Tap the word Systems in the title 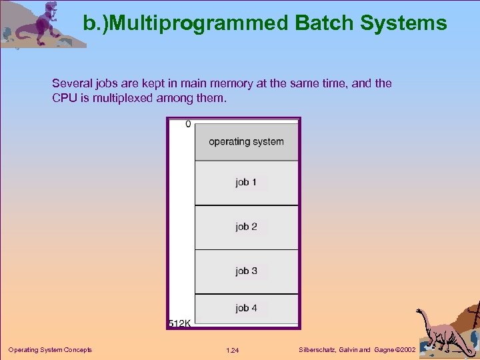click(403, 24)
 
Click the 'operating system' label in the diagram click(246, 141)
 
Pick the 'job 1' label click(246, 182)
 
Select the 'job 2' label click(246, 227)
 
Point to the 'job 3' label click(246, 271)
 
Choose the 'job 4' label click(246, 308)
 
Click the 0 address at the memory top click(188, 124)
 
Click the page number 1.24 click(233, 350)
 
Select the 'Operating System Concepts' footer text click(50, 350)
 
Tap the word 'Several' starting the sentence click(71, 84)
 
